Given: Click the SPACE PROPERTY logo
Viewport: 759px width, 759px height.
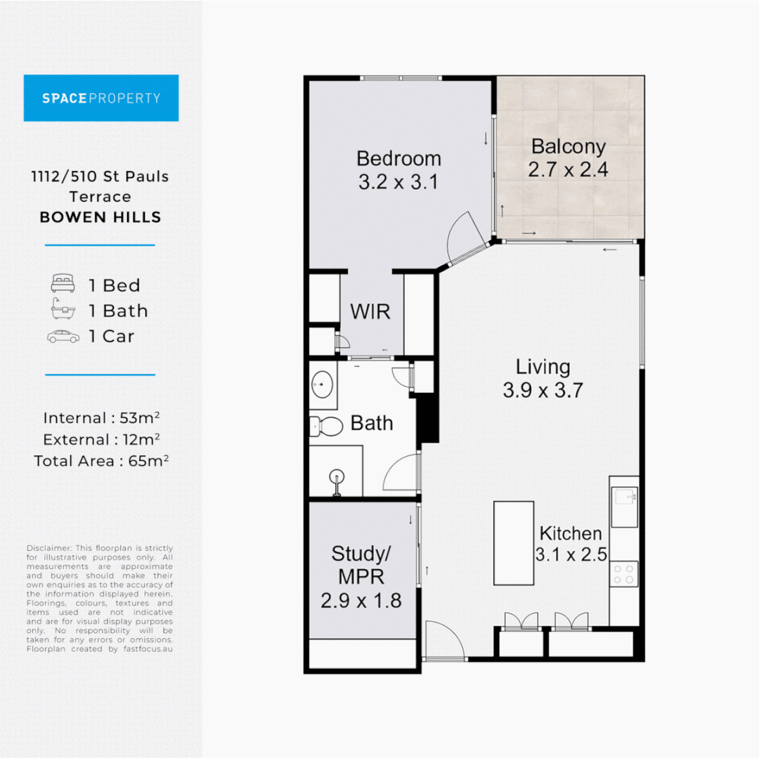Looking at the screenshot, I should [101, 98].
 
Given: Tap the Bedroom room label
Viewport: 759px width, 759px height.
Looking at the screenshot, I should [398, 158].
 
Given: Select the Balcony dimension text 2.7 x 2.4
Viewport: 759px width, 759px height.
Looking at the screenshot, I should [568, 169].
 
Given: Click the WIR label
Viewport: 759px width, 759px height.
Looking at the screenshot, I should [370, 311].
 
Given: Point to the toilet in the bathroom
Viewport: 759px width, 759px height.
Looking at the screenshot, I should [325, 424].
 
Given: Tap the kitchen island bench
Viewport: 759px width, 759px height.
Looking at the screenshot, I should [513, 543].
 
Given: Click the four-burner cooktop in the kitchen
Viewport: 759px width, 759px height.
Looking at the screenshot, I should [624, 573].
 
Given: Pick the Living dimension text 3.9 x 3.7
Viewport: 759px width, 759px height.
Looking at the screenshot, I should [543, 390].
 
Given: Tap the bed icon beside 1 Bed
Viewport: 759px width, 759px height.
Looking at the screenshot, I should [63, 285].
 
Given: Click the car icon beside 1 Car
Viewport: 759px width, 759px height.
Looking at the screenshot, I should [63, 337].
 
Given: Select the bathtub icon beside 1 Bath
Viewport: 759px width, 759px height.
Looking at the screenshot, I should [63, 311].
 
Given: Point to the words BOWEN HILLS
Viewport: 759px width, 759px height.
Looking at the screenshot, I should [100, 217].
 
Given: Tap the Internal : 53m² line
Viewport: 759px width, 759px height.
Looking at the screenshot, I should [101, 418].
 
